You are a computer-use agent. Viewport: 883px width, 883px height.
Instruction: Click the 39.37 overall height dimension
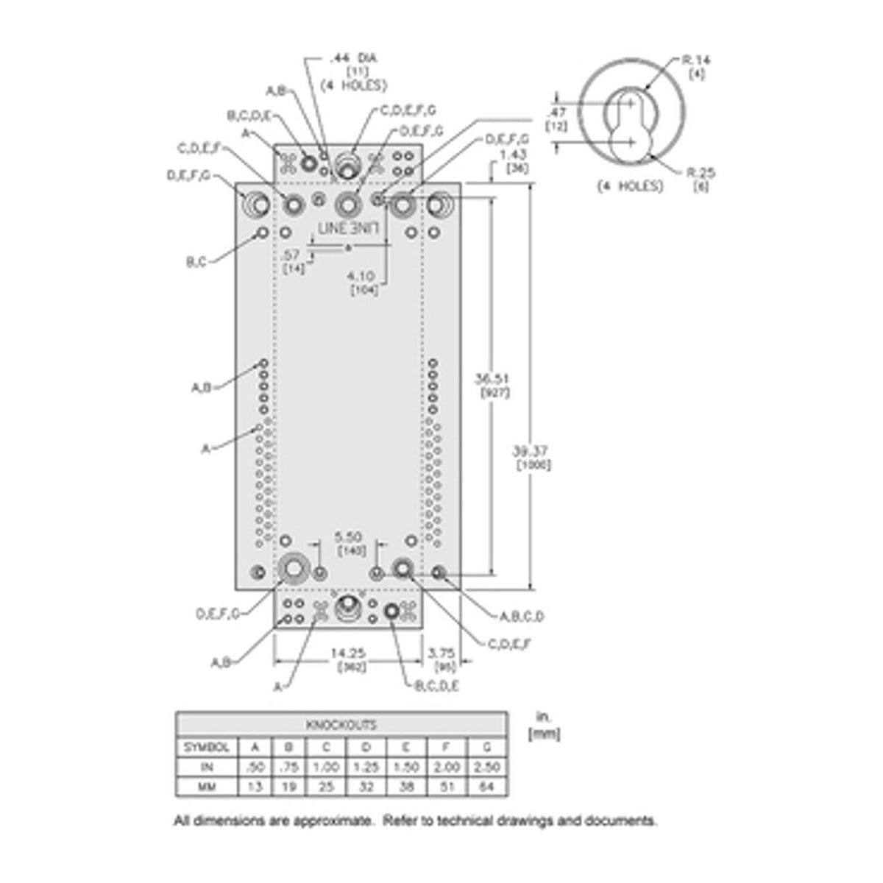531,451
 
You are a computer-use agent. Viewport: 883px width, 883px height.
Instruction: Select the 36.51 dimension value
492,379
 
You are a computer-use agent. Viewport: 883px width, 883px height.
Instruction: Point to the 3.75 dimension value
441,653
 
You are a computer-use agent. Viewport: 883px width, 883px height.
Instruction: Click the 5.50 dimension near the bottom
348,537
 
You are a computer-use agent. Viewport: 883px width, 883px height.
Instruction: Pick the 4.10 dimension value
362,276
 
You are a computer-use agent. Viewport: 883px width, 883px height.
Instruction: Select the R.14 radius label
696,60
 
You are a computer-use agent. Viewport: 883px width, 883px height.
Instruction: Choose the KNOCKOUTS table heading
341,725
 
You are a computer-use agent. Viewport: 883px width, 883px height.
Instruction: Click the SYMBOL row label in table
207,747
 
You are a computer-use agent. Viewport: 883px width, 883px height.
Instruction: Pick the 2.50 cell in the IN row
486,767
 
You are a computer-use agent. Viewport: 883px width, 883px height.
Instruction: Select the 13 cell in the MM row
255,787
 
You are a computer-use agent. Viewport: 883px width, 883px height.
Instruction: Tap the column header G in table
486,747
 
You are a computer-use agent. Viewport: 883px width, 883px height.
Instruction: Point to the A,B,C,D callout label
522,617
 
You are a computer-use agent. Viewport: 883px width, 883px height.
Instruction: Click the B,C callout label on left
196,261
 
